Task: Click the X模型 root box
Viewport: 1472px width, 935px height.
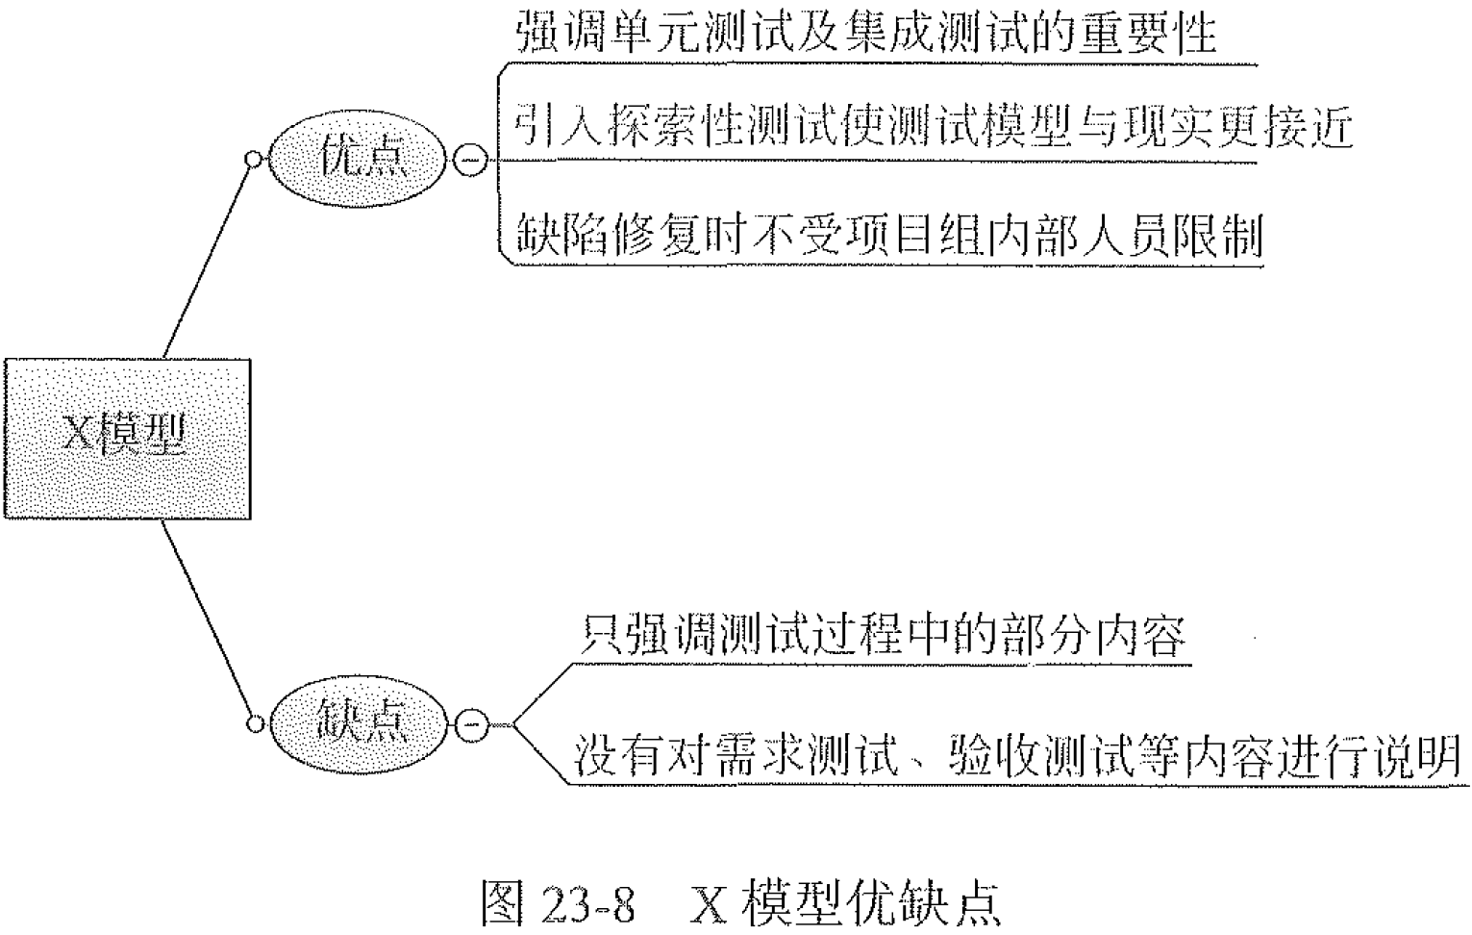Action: pos(127,439)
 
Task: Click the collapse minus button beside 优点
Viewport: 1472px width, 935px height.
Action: pos(469,160)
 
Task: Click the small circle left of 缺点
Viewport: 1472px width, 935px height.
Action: pos(254,723)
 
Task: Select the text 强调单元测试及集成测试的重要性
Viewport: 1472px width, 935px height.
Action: pos(865,34)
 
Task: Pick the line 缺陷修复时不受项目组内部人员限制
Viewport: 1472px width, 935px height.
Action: pos(888,235)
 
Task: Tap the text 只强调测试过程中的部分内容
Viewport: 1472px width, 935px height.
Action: pos(883,636)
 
